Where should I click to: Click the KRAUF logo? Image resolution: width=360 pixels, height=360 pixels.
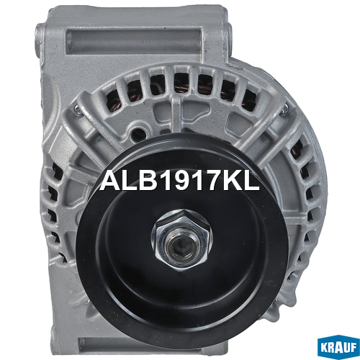pyautogui.click(x=338, y=347)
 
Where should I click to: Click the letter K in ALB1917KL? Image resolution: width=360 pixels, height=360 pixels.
pyautogui.click(x=234, y=181)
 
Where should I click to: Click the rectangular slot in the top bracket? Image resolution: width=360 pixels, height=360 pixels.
pyautogui.click(x=133, y=41)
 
